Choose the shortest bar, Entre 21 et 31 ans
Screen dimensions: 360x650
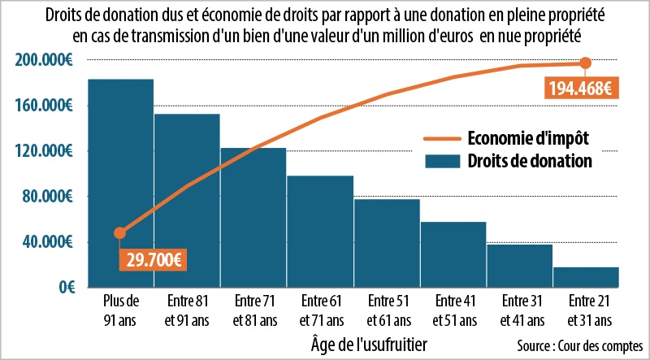pyautogui.click(x=586, y=277)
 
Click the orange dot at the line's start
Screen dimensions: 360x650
pyautogui.click(x=120, y=233)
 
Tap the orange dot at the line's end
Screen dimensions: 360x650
pyautogui.click(x=585, y=63)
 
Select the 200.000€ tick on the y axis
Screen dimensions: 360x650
pyautogui.click(x=45, y=60)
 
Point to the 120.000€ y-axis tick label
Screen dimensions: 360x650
pyautogui.click(x=45, y=151)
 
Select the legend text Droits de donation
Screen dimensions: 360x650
pyautogui.click(x=529, y=161)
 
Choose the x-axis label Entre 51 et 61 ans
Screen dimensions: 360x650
pyautogui.click(x=387, y=311)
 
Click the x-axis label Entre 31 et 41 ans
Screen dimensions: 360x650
pyautogui.click(x=520, y=311)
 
